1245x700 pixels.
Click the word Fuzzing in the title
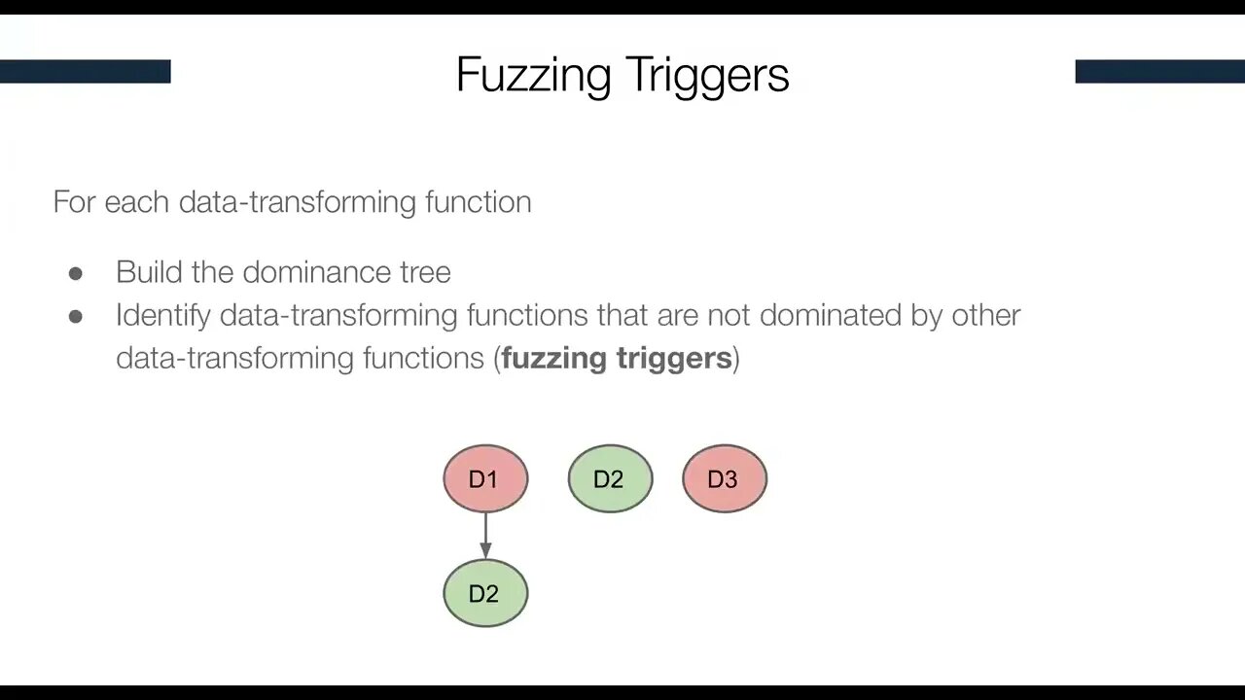point(533,76)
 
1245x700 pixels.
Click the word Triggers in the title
point(707,76)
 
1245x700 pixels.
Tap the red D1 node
point(484,478)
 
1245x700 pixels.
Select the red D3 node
point(724,478)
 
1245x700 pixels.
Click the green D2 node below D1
point(484,593)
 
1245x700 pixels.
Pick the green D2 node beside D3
point(609,478)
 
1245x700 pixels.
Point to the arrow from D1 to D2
point(485,535)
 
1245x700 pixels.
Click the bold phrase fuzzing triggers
point(617,358)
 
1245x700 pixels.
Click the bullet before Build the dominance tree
point(76,273)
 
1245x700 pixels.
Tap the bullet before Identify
point(76,316)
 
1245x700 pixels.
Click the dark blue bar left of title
point(85,71)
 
